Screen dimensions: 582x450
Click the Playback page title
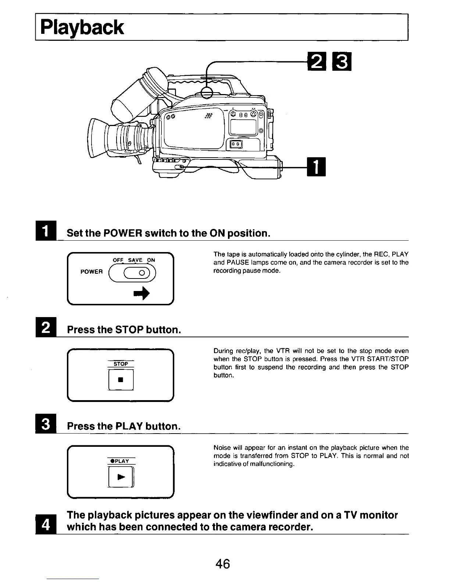coord(82,28)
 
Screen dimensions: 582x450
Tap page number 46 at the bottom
coord(223,563)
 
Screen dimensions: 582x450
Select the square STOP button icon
coord(120,380)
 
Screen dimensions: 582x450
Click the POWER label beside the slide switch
coord(91,272)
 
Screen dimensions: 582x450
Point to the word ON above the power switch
coord(151,260)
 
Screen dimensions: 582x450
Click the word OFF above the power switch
coord(118,260)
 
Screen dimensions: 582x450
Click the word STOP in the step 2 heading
coord(129,330)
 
